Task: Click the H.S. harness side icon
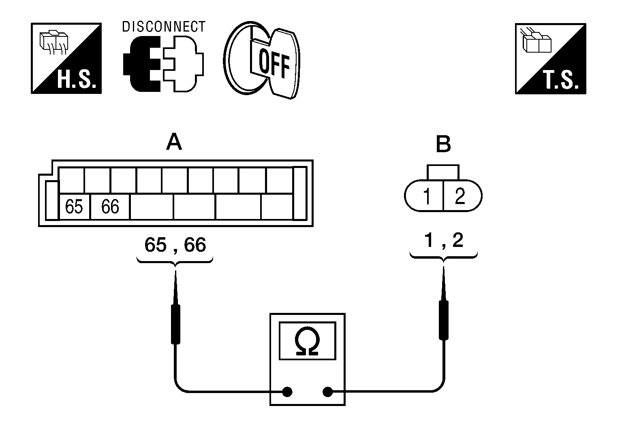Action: [66, 58]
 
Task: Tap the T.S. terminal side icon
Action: [550, 59]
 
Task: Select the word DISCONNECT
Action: [164, 27]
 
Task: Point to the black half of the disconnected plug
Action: [141, 64]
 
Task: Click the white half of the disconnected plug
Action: [183, 64]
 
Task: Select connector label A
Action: [174, 142]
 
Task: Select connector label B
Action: [443, 144]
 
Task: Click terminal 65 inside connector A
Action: [75, 207]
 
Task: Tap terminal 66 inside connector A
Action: [110, 207]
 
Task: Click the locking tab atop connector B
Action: [443, 172]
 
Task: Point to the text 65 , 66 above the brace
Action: [175, 245]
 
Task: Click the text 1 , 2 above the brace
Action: [444, 240]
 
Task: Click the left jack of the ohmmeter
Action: [287, 392]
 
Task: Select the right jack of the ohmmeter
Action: [328, 392]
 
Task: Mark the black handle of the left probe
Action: [175, 325]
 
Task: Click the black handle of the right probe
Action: [444, 320]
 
